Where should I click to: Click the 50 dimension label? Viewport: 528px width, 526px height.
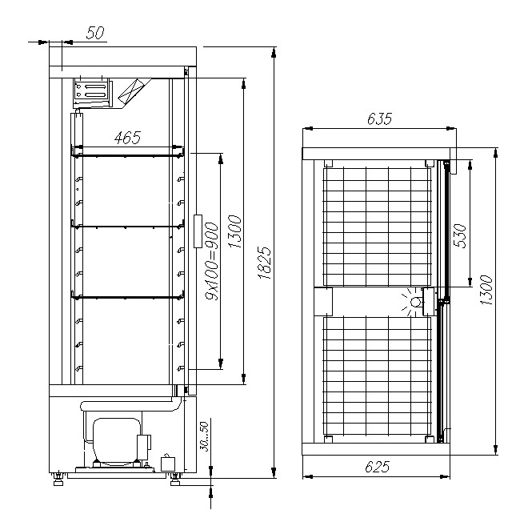click(x=95, y=33)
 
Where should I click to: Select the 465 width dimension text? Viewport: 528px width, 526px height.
click(x=127, y=138)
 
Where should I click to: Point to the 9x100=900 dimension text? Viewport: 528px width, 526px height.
click(x=212, y=261)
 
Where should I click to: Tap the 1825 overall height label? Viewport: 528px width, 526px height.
click(x=265, y=263)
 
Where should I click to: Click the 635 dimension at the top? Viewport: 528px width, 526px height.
click(x=379, y=118)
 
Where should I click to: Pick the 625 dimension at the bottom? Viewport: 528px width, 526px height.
click(x=377, y=467)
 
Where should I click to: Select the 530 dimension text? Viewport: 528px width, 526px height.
click(x=461, y=236)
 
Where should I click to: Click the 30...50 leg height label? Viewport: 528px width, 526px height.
click(x=204, y=436)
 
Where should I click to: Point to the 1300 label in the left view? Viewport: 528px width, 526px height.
click(x=235, y=232)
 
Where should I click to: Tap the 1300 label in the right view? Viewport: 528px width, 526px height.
click(x=486, y=291)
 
